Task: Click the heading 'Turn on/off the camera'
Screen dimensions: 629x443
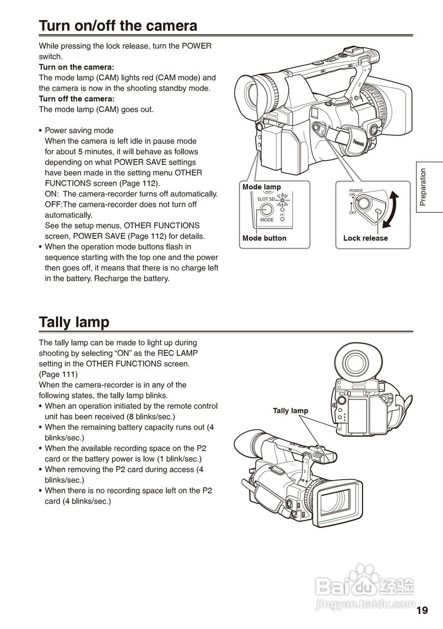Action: [x=118, y=26]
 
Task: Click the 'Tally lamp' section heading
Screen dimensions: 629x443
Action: [x=74, y=322]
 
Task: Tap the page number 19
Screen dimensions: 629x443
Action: [x=422, y=610]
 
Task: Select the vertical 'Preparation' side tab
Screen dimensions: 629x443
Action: [x=423, y=187]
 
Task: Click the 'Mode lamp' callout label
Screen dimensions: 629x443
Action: [x=261, y=187]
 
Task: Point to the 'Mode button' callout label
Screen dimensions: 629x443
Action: [x=264, y=238]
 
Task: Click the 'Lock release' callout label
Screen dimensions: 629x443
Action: [x=365, y=238]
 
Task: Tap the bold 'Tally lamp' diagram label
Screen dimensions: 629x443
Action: [x=290, y=411]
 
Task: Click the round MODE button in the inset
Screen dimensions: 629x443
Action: [x=267, y=209]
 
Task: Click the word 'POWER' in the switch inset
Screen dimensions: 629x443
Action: [x=356, y=191]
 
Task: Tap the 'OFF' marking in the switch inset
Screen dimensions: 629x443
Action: [x=353, y=213]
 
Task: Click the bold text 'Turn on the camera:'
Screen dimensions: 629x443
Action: [x=77, y=67]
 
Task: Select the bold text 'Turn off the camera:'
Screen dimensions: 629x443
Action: [x=77, y=99]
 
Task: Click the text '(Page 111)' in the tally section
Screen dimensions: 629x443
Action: [x=58, y=374]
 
